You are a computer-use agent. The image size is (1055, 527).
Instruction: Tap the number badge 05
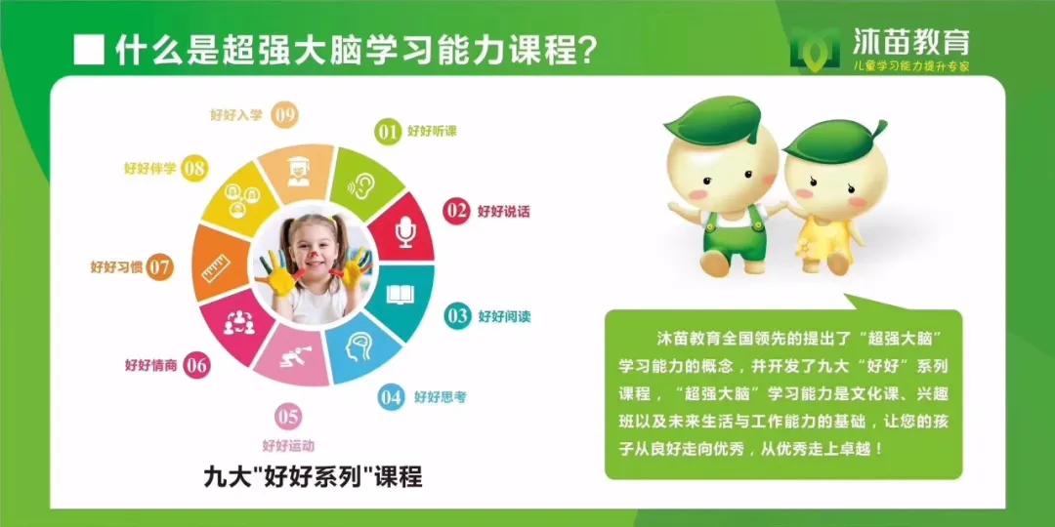287,418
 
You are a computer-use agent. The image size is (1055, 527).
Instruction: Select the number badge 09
284,115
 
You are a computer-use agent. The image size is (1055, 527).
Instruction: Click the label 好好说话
504,211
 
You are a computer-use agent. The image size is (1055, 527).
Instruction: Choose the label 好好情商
150,365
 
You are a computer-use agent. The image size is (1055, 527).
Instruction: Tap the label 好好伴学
150,168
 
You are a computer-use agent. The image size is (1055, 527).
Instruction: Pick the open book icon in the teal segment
401,294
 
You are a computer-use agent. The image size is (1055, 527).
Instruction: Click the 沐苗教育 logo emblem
815,48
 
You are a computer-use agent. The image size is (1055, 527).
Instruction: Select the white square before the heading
89,49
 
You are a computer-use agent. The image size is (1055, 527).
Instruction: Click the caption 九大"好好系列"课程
313,476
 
